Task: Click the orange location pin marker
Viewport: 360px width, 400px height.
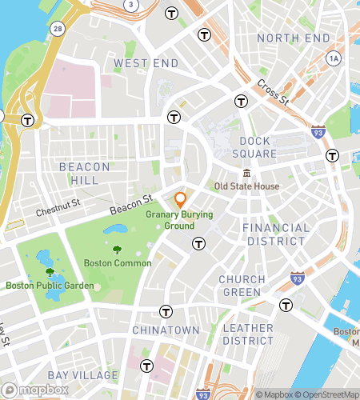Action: pyautogui.click(x=181, y=200)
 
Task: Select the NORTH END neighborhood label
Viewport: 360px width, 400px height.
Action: pyautogui.click(x=293, y=38)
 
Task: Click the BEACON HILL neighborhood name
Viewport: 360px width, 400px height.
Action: pyautogui.click(x=84, y=174)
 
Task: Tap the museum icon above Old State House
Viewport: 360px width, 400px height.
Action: pyautogui.click(x=246, y=174)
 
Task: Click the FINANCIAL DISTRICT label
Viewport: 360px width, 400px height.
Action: pyautogui.click(x=275, y=234)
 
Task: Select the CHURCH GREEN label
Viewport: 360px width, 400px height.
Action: pyautogui.click(x=242, y=286)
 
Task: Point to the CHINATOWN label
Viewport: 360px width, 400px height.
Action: pyautogui.click(x=165, y=330)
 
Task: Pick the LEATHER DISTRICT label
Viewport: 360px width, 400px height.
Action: pyautogui.click(x=247, y=335)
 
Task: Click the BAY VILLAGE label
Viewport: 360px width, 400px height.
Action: pyautogui.click(x=82, y=375)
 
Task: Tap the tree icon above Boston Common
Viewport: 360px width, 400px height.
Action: pyautogui.click(x=118, y=250)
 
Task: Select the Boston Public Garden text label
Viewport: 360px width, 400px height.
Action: pyautogui.click(x=50, y=286)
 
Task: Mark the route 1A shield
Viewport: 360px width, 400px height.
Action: pyautogui.click(x=334, y=58)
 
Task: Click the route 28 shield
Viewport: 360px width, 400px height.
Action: pyautogui.click(x=57, y=28)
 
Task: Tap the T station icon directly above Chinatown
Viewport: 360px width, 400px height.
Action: pyautogui.click(x=166, y=310)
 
